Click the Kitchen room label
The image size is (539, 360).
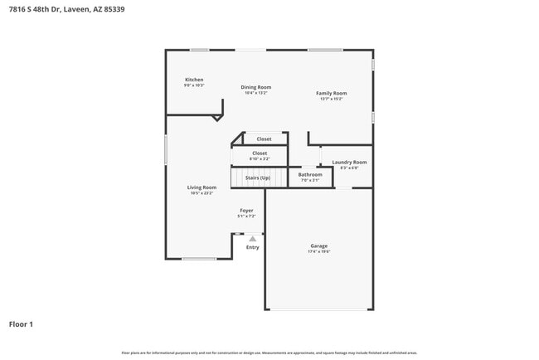194,80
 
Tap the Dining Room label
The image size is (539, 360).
256,87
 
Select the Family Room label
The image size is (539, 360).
331,94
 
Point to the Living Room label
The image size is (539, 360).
202,187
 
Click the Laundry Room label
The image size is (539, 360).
349,163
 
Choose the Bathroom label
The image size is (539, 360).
310,174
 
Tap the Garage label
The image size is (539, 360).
319,246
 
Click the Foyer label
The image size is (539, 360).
246,211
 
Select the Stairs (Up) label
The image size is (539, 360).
257,178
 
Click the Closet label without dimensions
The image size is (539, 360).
264,139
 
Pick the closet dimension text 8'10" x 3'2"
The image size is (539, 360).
260,158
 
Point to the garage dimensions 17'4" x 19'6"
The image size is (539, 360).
319,251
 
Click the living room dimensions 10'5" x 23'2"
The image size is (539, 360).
202,193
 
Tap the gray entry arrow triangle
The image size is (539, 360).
252,239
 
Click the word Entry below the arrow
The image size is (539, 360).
252,247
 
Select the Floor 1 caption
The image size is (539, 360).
21,324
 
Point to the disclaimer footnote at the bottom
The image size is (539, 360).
269,353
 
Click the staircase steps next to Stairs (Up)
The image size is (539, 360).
238,178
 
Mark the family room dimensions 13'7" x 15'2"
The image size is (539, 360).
331,100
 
